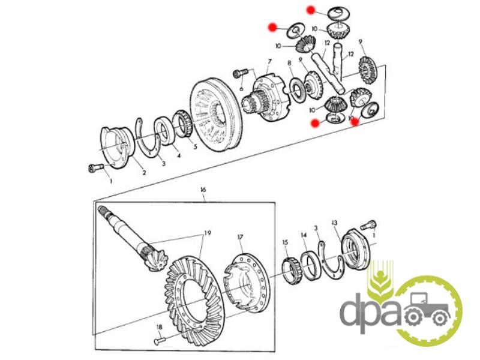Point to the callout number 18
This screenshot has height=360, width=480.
(x=159, y=327)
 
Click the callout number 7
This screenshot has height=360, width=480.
(x=270, y=61)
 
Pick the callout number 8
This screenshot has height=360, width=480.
(x=289, y=63)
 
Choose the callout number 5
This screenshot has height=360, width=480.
(x=194, y=144)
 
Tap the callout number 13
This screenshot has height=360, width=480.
(x=335, y=223)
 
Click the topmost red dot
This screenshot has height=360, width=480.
(x=311, y=10)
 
